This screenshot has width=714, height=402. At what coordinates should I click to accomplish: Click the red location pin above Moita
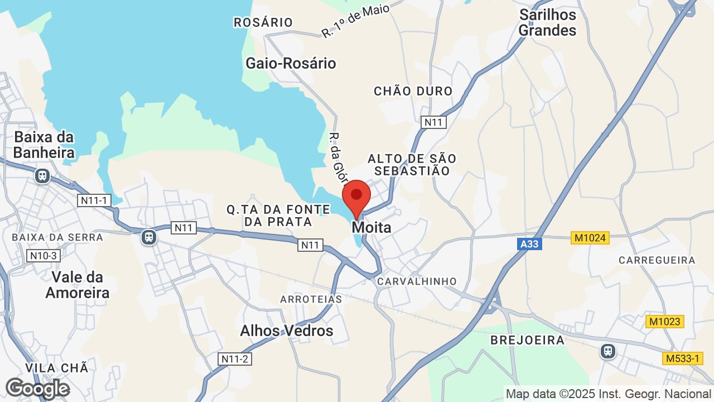tap(356, 197)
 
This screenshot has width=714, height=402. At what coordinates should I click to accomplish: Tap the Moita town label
tap(371, 228)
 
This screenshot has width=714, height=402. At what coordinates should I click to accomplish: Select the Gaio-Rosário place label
tap(291, 63)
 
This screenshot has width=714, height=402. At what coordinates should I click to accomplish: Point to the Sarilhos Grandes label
tap(547, 22)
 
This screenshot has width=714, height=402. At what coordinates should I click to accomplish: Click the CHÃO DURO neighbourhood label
tap(413, 91)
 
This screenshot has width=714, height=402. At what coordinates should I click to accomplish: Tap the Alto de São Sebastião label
tap(412, 165)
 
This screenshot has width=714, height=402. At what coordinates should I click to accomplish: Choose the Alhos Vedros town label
tap(286, 331)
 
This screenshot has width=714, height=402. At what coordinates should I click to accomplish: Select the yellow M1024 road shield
tap(590, 238)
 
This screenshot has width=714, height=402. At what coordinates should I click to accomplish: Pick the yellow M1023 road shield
tap(665, 322)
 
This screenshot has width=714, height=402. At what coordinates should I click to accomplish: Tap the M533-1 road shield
tap(682, 358)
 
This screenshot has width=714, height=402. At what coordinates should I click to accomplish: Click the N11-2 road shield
tap(234, 359)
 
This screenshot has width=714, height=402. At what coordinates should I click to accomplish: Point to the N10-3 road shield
tap(42, 256)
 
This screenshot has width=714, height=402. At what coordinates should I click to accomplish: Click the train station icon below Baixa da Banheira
tap(42, 176)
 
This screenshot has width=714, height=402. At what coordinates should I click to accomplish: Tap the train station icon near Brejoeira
tap(607, 351)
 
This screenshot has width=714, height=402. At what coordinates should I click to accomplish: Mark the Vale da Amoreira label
tap(78, 285)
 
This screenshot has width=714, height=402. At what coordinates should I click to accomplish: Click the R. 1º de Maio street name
tap(355, 20)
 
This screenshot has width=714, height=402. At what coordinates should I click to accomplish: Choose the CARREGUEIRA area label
tap(657, 260)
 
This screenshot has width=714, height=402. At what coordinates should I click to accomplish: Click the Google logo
tap(37, 389)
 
